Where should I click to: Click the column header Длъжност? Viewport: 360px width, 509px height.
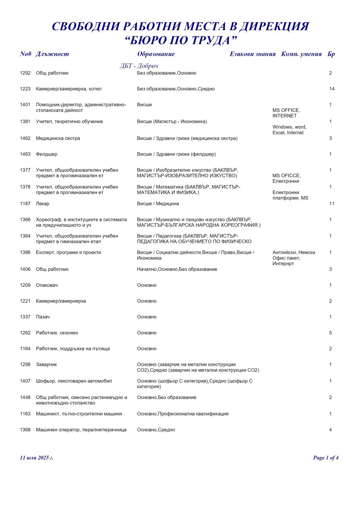point(52,54)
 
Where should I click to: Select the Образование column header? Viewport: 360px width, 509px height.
point(156,54)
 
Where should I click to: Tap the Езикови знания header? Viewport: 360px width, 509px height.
point(252,54)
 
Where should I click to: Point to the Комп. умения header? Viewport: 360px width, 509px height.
point(301,54)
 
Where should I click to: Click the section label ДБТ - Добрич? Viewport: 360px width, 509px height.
point(139,66)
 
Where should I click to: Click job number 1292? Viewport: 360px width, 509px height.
point(25,73)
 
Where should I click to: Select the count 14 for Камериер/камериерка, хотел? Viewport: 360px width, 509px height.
point(331,89)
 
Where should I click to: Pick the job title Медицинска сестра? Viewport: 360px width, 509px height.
point(58,138)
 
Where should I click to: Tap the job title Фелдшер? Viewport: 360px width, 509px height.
point(47,154)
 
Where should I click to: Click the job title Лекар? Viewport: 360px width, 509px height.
point(43,204)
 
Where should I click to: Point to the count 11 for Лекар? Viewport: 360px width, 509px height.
point(331,204)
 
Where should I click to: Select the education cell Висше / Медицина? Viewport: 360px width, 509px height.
point(158,204)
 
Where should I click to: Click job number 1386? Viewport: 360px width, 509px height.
point(25,252)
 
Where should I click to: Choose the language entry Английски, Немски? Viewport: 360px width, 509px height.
point(294,252)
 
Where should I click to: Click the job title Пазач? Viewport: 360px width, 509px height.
point(43,317)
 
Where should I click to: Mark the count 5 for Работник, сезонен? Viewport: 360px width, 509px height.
point(331,333)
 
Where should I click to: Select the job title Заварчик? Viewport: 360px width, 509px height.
point(46,365)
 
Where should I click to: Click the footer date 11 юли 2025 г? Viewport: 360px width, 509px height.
point(36,458)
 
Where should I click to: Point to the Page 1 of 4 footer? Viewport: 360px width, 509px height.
point(326,458)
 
